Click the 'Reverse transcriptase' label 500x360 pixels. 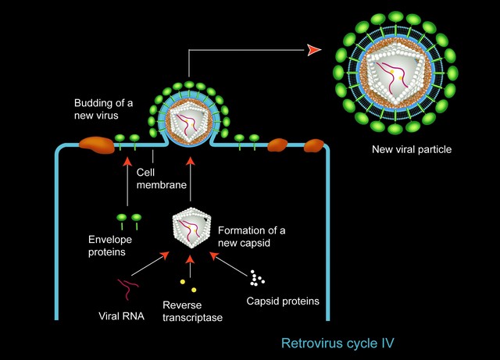click(191, 311)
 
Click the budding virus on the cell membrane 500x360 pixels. click(188, 117)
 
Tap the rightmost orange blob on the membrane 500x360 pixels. click(314, 145)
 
